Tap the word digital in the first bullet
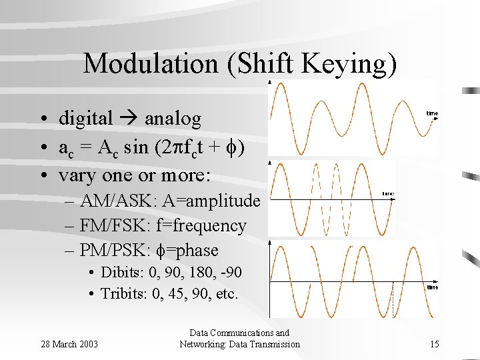[86, 119]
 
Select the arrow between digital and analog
[129, 119]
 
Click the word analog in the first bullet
[173, 119]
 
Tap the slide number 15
[434, 344]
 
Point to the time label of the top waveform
[432, 114]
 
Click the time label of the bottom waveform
[432, 288]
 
